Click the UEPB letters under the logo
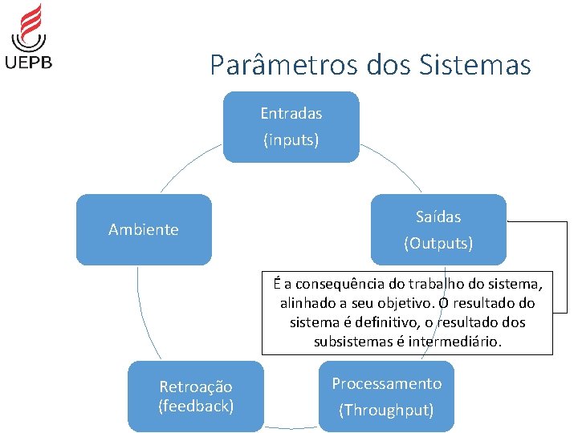[29, 61]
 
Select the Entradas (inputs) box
[291, 127]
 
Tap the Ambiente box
[144, 229]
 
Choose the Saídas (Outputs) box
[438, 229]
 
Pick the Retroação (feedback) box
[196, 397]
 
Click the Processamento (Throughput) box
[386, 397]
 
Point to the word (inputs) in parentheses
[291, 140]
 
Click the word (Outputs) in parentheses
[438, 243]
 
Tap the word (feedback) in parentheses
[196, 406]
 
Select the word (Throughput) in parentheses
[386, 411]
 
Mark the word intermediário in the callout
[454, 342]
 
